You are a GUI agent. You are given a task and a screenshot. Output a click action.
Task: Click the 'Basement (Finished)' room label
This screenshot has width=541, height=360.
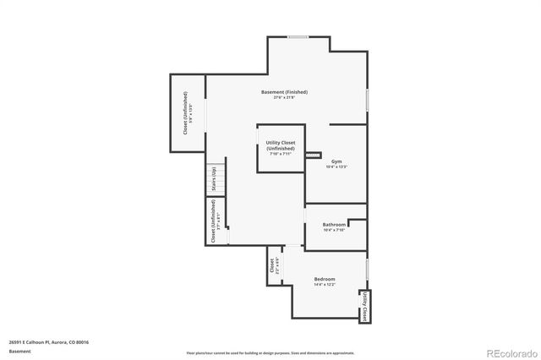point(283,92)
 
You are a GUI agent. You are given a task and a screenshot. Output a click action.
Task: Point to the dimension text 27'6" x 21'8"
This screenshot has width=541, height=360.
point(283,98)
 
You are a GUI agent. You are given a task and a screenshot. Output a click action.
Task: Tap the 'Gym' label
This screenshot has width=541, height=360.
point(336,161)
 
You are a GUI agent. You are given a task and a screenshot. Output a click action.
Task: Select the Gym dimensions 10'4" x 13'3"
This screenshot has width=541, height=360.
point(336,166)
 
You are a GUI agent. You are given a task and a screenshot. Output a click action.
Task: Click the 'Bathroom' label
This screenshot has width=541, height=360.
point(334,225)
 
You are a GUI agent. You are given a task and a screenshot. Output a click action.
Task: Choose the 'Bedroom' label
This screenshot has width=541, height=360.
point(325,279)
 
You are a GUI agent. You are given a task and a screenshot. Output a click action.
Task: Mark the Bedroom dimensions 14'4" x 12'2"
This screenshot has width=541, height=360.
point(325,285)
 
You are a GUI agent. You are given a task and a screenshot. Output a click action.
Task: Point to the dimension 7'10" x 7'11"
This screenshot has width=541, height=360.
point(280,155)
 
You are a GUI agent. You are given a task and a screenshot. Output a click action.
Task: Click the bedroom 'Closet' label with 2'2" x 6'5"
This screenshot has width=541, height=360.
point(274,265)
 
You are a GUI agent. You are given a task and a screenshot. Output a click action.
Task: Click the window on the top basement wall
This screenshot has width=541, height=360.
point(297,37)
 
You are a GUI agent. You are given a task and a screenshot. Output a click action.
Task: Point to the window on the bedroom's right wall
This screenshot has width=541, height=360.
point(367,270)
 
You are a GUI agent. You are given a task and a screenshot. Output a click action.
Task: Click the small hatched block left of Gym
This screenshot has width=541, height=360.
point(314,155)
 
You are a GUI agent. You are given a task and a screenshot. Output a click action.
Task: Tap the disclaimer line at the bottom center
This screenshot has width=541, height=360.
point(270,352)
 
